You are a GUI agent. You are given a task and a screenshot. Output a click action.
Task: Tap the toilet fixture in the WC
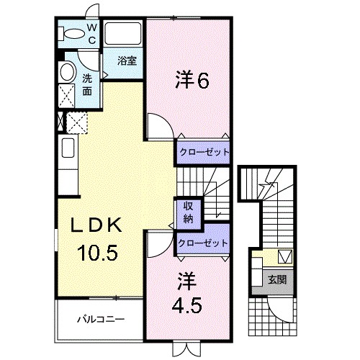point(73,34)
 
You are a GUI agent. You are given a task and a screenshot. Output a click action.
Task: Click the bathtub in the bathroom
point(124,36)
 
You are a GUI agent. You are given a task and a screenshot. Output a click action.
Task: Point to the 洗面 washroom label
point(86,85)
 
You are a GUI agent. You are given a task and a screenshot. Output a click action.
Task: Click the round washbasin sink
point(67,72)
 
